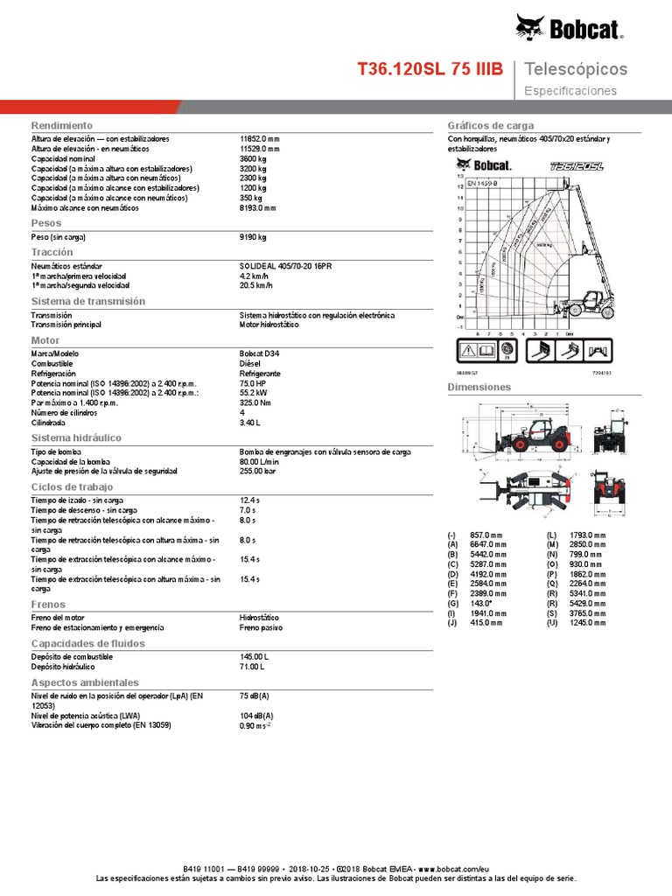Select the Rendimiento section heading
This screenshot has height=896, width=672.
tap(62, 126)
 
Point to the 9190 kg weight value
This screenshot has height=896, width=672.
tap(253, 237)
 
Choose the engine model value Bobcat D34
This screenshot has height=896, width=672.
tap(260, 353)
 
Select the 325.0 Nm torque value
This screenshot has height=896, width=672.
tap(255, 402)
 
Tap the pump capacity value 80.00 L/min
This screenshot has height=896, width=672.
tap(264, 461)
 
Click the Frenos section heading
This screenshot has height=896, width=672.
tap(49, 605)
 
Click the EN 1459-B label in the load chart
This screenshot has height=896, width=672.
tap(482, 183)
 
